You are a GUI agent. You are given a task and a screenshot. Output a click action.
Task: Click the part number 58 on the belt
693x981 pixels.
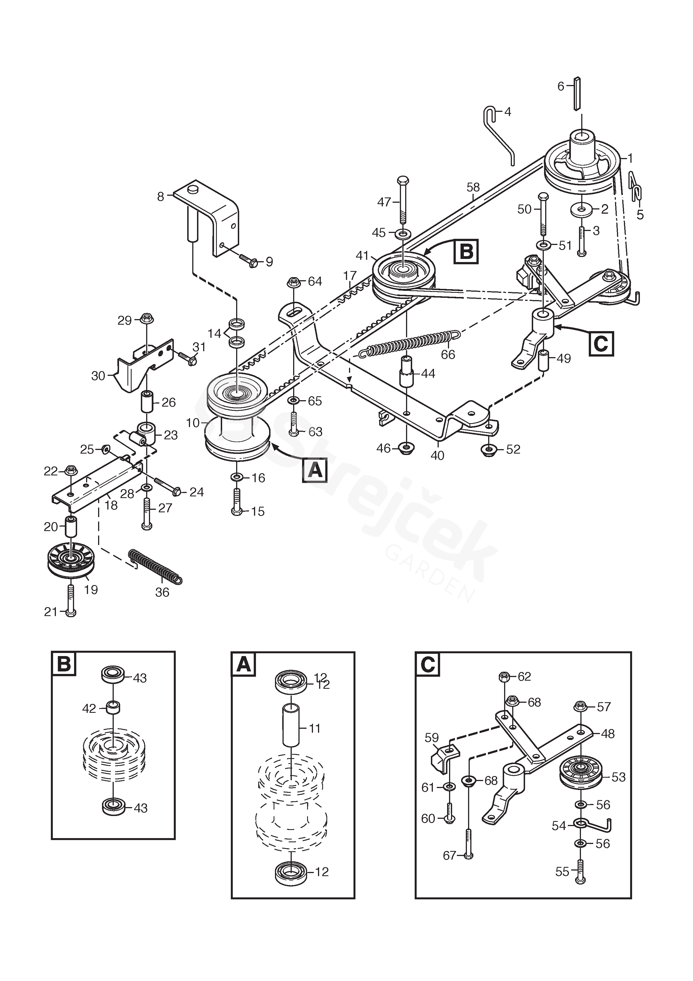[x=473, y=187]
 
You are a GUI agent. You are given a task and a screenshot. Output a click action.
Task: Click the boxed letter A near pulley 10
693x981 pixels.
[x=315, y=470]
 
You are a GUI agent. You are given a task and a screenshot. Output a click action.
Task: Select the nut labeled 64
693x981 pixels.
[x=293, y=282]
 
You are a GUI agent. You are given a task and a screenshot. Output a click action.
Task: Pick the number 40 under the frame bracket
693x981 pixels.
[x=437, y=456]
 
